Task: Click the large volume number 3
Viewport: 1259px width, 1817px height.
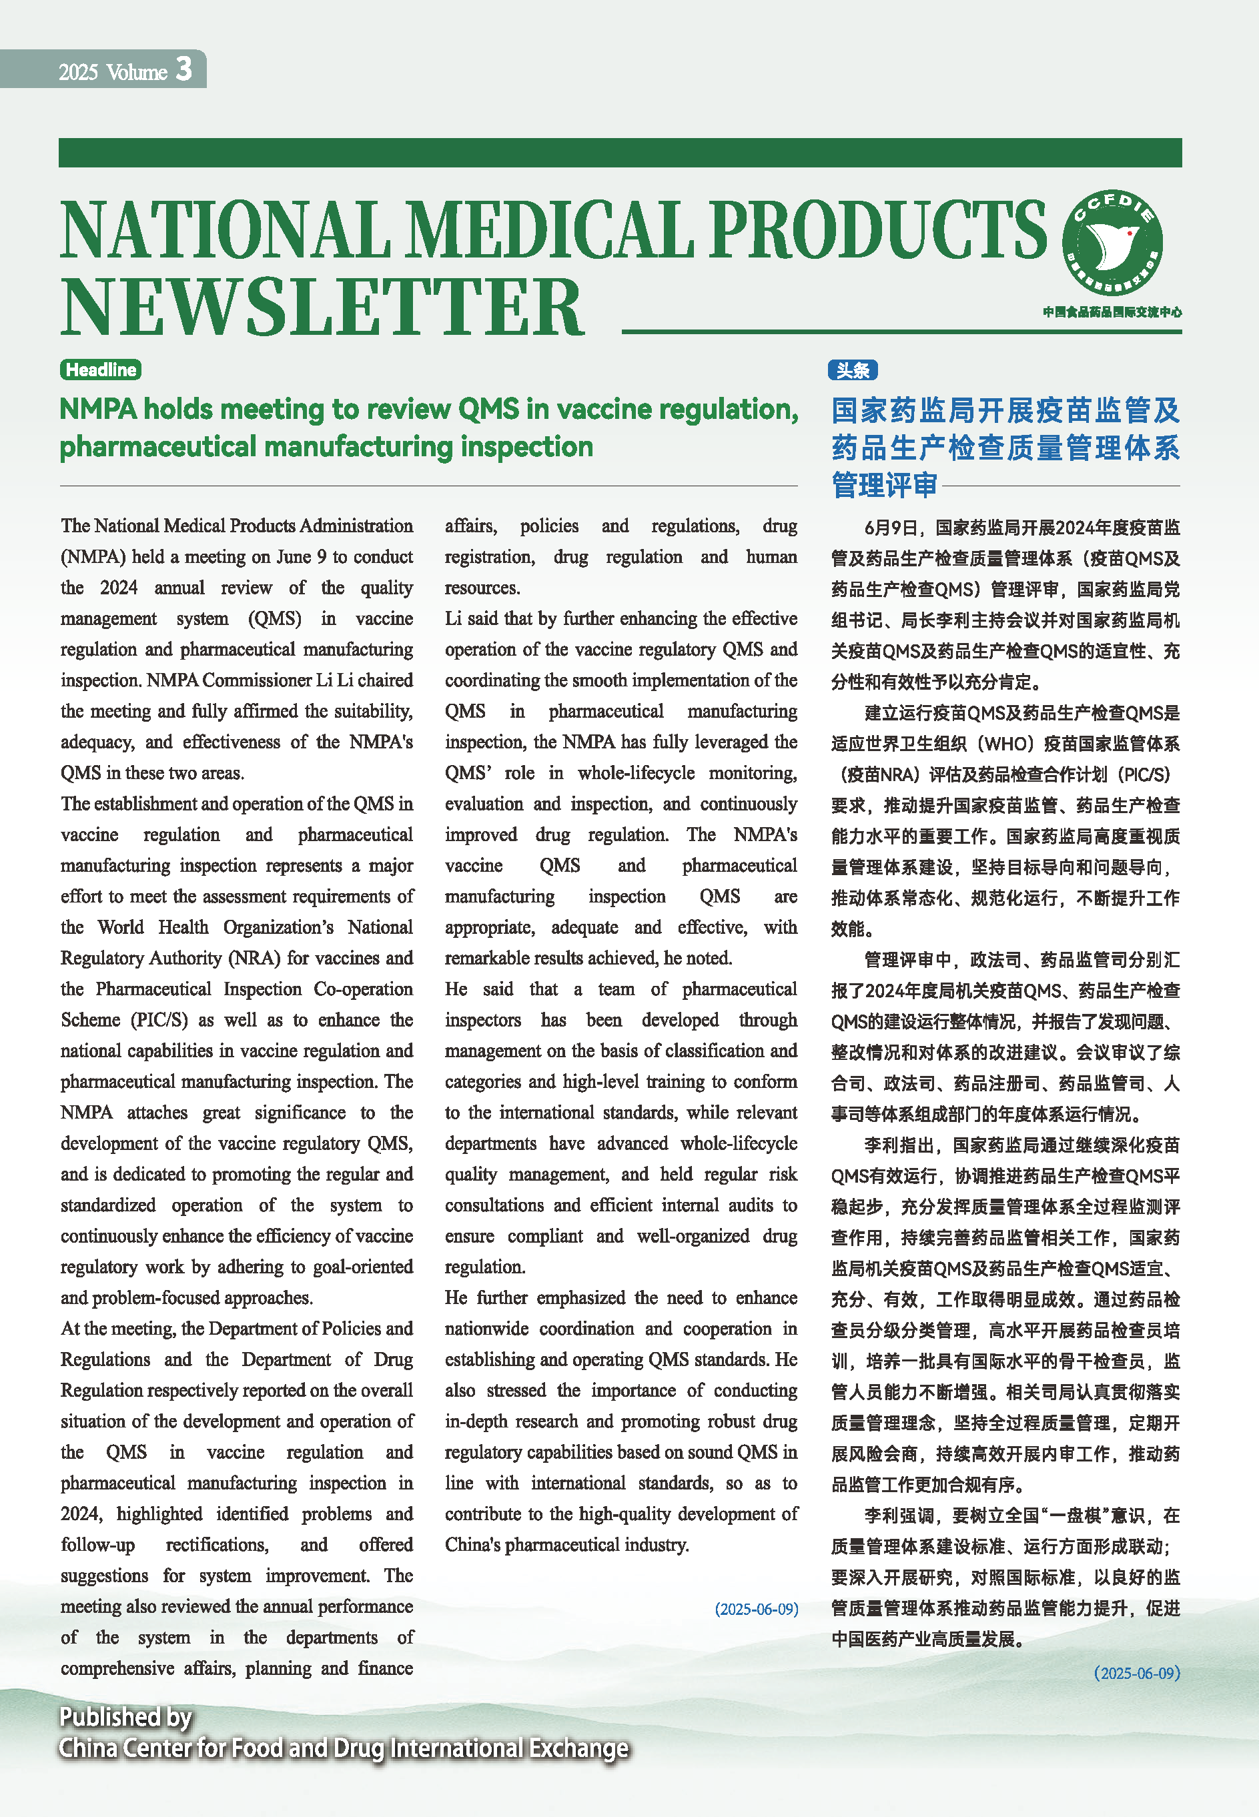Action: pos(183,69)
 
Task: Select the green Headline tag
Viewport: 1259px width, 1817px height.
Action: pos(100,370)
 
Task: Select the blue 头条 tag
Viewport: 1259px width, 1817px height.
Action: pos(852,370)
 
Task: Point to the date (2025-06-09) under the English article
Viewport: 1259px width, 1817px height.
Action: pos(757,1609)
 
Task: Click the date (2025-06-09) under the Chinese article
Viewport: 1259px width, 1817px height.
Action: pos(1137,1674)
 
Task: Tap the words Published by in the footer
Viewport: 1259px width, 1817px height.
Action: pos(125,1717)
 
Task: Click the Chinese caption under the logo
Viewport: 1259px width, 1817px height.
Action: pos(1112,312)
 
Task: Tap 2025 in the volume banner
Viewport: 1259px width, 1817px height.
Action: pos(78,73)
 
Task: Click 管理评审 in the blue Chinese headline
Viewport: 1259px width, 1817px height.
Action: pos(883,485)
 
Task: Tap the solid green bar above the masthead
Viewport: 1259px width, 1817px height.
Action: pos(620,152)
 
